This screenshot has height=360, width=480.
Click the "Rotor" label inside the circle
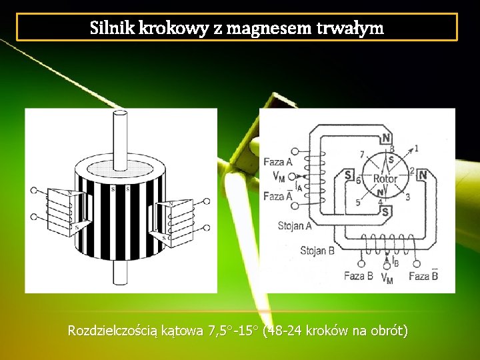tap(385, 179)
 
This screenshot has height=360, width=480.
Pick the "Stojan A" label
tap(294, 226)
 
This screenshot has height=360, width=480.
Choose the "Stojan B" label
tap(317, 251)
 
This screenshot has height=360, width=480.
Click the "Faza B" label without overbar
tap(358, 276)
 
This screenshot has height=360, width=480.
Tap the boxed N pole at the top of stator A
tap(385, 138)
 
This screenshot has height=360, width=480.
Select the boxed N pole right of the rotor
tap(422, 175)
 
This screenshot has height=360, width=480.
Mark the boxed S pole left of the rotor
tap(348, 175)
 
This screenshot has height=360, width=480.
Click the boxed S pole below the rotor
tap(385, 212)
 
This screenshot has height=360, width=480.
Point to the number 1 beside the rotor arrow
tap(417, 148)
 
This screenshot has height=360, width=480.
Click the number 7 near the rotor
tap(362, 155)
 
